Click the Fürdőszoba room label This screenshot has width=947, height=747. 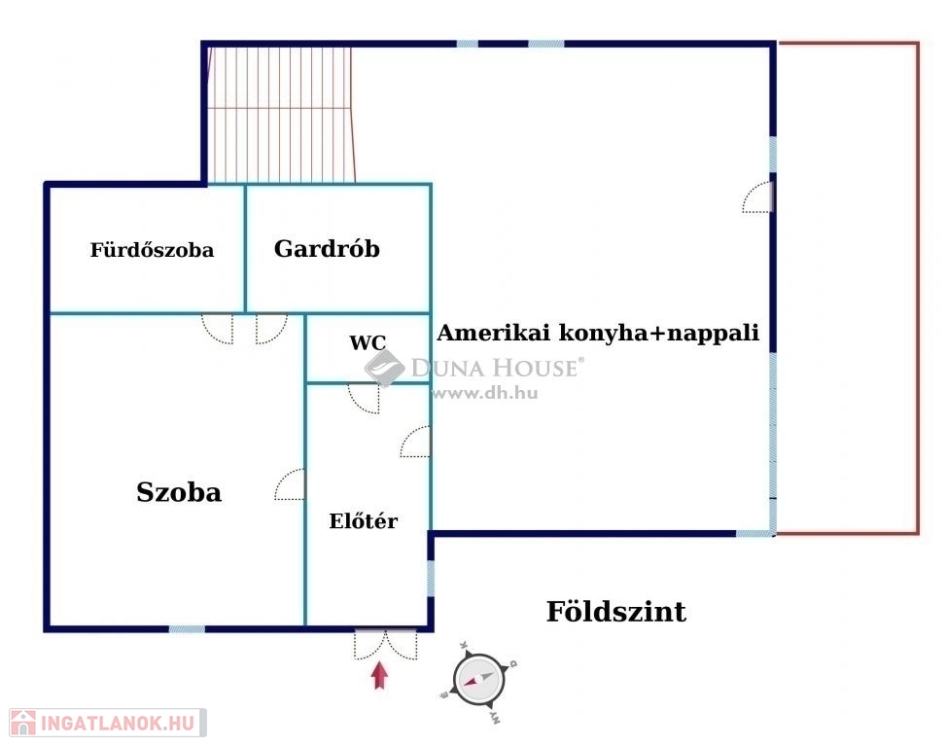point(152,250)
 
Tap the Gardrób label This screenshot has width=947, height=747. point(327,248)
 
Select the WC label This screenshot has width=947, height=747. point(368,342)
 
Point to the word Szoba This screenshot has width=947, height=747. point(179,492)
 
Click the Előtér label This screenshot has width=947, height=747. point(364,521)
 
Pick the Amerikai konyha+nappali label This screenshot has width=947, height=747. point(597,333)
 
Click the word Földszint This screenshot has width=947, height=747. point(615,612)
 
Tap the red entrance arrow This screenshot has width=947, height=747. point(379,675)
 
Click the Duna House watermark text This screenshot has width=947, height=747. point(495,368)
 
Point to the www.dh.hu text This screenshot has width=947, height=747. point(484,394)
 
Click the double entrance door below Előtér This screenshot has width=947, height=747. point(385,644)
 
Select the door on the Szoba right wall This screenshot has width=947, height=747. point(291,484)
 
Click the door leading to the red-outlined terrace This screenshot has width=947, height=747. point(758,197)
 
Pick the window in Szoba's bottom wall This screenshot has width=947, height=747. point(187,629)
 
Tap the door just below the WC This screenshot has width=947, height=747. point(365,397)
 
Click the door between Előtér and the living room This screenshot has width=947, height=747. point(416,442)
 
